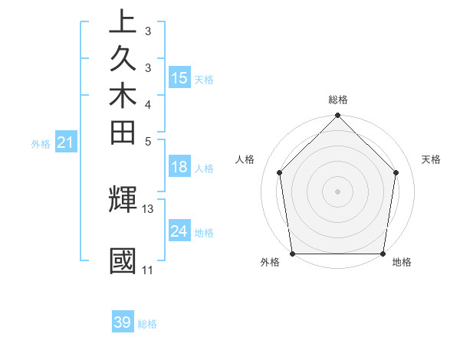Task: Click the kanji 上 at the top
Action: click(x=123, y=22)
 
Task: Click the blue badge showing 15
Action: click(x=179, y=77)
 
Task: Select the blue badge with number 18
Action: click(x=179, y=168)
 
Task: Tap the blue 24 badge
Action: click(x=179, y=231)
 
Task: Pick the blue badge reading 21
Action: click(x=66, y=142)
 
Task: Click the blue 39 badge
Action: click(x=123, y=322)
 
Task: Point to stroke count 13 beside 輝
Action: click(x=148, y=208)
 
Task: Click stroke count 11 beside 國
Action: click(x=147, y=270)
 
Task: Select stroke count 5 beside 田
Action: click(x=148, y=140)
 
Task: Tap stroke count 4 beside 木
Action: click(x=148, y=103)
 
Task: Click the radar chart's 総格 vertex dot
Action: click(x=337, y=116)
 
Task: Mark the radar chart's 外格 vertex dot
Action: click(x=292, y=254)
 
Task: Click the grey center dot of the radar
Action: click(x=337, y=191)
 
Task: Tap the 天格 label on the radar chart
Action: click(x=432, y=159)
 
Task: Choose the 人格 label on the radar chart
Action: click(x=245, y=159)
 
